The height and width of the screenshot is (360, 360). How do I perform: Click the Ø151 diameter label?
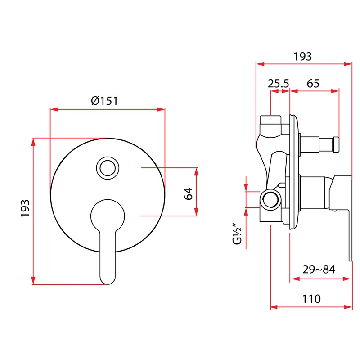click(x=104, y=101)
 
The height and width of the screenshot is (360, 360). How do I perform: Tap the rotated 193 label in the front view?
click(x=25, y=208)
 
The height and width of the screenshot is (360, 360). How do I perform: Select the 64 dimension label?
click(x=189, y=194)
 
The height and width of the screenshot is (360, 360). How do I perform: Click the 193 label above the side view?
click(x=302, y=57)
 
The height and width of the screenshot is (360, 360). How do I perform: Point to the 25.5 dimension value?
click(x=278, y=84)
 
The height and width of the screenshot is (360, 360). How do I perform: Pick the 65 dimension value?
click(x=313, y=84)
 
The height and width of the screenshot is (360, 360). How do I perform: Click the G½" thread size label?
click(x=237, y=234)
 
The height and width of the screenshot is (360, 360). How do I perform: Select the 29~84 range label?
click(x=319, y=269)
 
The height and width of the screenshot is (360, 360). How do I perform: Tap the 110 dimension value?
click(x=311, y=299)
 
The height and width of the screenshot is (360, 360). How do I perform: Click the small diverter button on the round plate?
click(x=108, y=168)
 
